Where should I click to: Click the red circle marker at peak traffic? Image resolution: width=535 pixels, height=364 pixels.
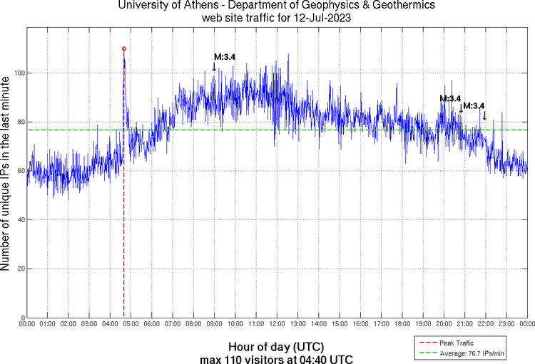124,49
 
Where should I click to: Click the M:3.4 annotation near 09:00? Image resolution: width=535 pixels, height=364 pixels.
225,57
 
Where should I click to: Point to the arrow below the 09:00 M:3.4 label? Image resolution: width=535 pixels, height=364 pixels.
214,66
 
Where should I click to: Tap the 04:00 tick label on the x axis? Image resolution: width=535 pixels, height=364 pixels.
110,324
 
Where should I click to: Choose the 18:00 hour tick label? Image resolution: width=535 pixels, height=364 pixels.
402,324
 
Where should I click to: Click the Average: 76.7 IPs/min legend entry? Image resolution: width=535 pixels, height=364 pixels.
472,353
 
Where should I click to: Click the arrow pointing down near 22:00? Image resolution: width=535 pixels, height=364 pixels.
485,115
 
